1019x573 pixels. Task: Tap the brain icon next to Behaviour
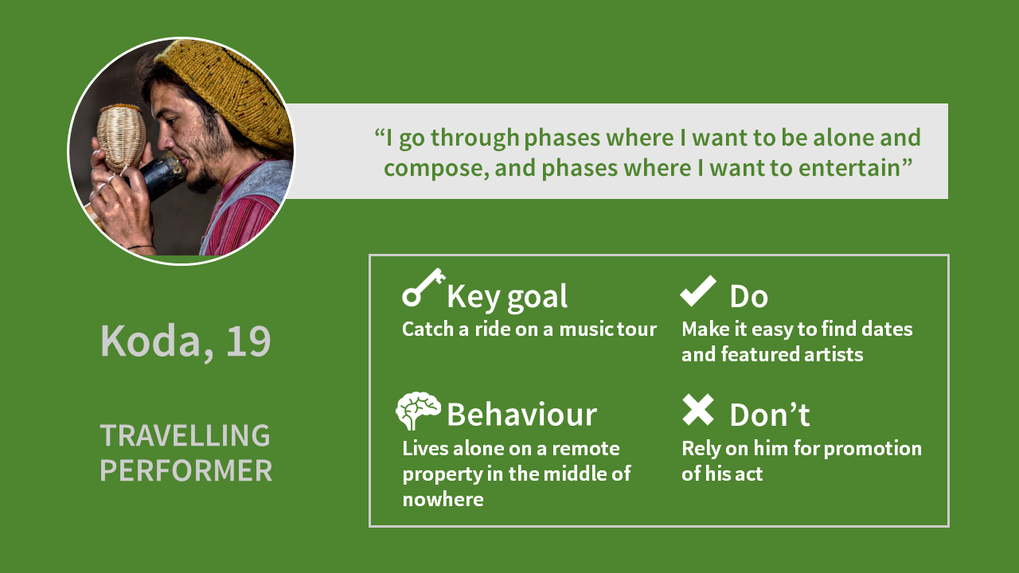[x=418, y=411]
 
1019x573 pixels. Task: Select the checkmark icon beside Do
[x=698, y=291]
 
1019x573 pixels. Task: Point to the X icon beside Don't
[x=698, y=410]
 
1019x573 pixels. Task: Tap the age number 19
[x=248, y=341]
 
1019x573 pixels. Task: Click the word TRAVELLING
[x=185, y=435]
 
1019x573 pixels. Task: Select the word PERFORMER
[x=186, y=470]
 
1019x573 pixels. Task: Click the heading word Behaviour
[x=521, y=415]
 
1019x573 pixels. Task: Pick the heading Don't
[x=770, y=415]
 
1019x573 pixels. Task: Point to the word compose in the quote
[x=437, y=168]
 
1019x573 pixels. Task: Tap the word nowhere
[x=443, y=500]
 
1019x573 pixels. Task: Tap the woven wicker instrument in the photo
[x=121, y=138]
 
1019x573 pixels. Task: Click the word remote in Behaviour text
[x=585, y=449]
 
